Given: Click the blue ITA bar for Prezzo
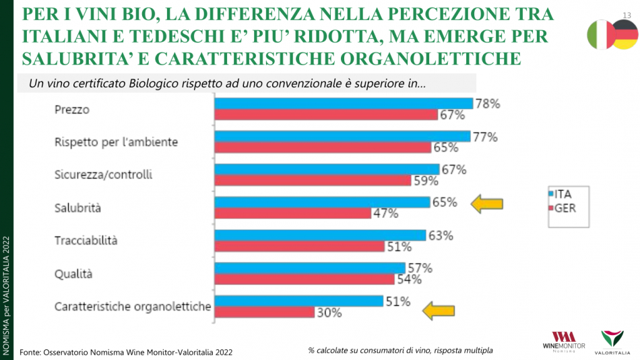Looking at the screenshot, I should coord(344,103).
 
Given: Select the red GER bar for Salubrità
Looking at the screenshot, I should coord(292,213).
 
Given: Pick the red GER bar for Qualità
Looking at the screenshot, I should coord(304,279).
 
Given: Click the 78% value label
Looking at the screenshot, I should coord(487,104).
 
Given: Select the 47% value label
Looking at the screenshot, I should coord(385,213).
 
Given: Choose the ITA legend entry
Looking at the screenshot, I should coord(563,194).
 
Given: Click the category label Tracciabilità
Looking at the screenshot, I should coord(86,240).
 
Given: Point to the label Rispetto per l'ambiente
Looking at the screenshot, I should coord(116,142).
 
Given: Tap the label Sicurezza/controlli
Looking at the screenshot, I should coord(103,175).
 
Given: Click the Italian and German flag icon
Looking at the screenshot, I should coord(612,34).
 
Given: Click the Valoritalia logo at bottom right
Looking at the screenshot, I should coord(612,341).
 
